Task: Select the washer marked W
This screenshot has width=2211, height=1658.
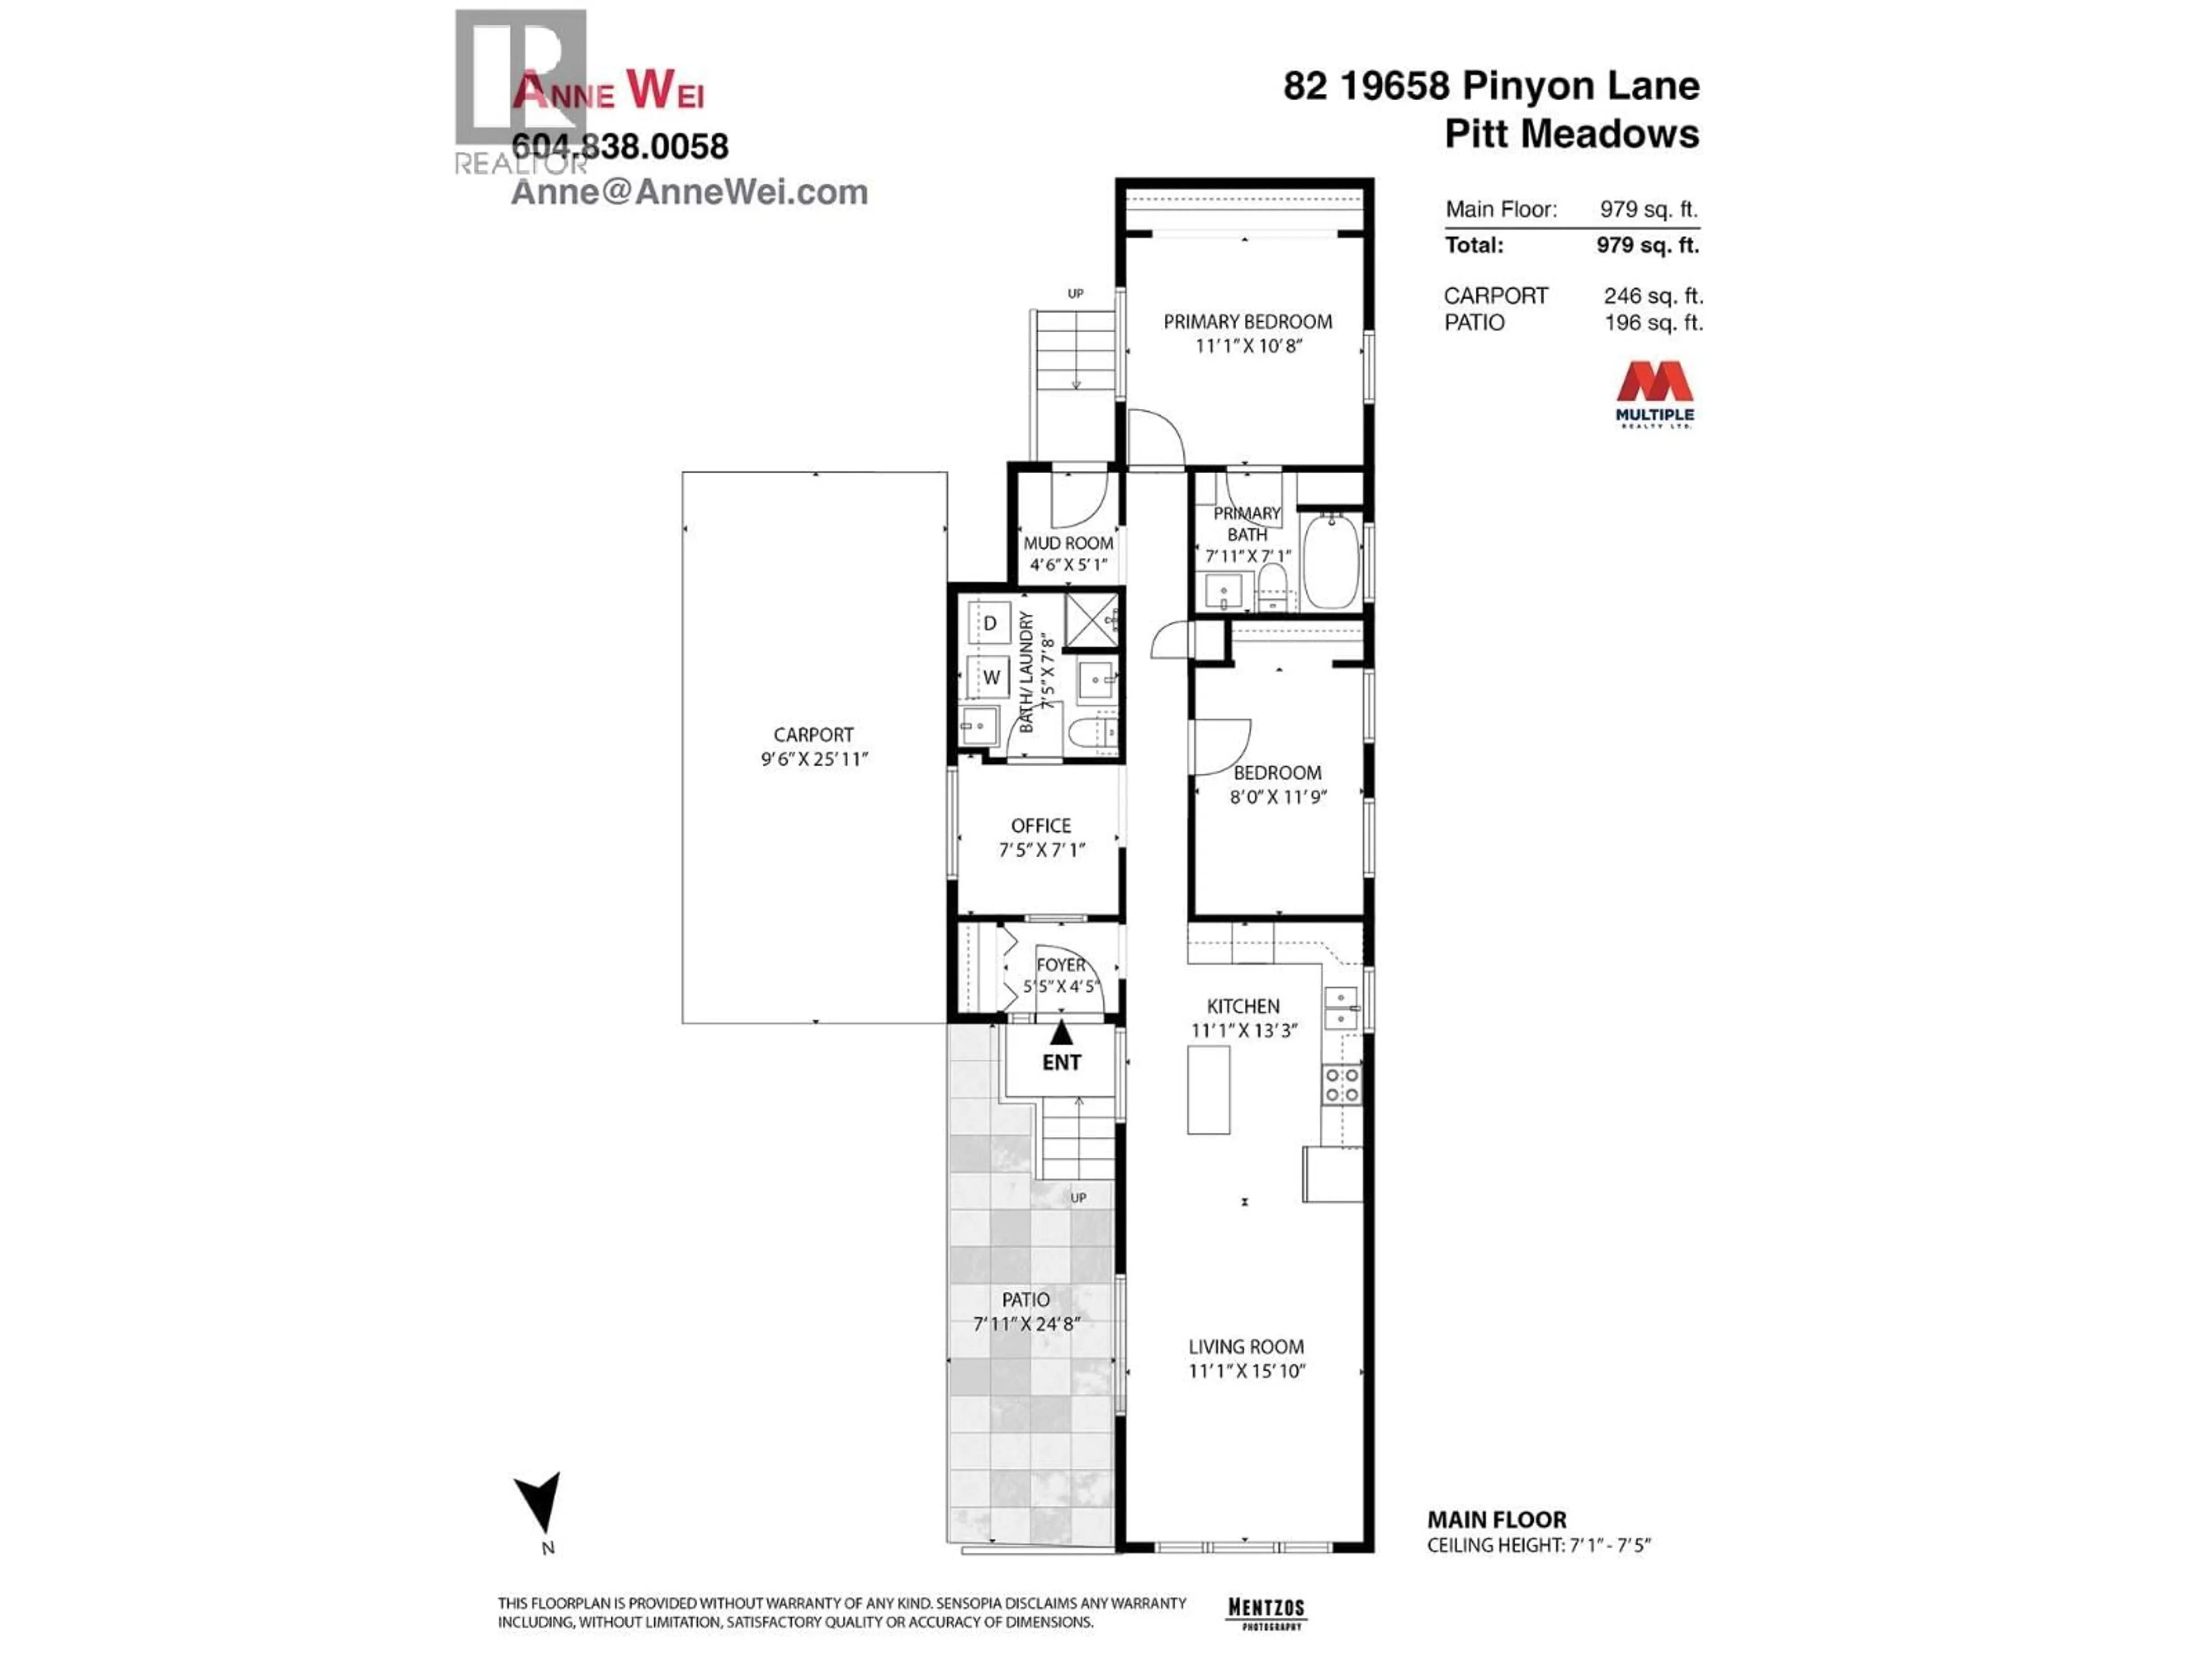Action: (990, 676)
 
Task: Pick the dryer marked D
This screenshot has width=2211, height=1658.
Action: (990, 623)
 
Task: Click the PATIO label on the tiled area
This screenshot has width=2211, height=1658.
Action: (1025, 1299)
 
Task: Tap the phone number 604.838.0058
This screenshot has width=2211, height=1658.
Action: (620, 147)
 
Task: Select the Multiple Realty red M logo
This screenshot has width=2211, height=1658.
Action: (1654, 384)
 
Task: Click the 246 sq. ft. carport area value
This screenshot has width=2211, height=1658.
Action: (1653, 296)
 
